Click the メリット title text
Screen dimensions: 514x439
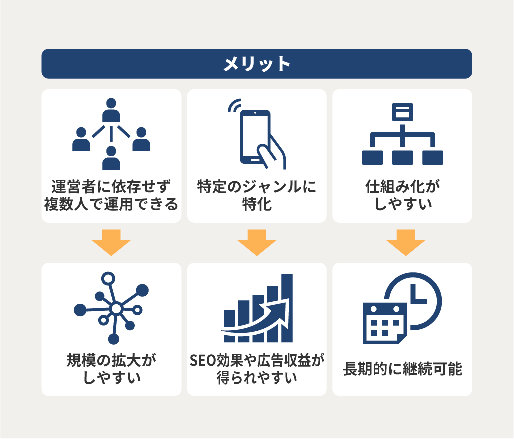coord(257,64)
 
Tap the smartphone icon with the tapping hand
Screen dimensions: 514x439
coord(257,134)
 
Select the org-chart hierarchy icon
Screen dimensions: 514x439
coord(402,134)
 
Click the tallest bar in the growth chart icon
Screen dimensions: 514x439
coord(287,308)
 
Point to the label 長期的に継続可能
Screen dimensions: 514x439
coord(403,369)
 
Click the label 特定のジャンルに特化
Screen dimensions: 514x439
coord(257,195)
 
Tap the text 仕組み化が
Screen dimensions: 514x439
coord(403,187)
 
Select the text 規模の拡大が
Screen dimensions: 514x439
coord(111,360)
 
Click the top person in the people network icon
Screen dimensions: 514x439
coord(111,110)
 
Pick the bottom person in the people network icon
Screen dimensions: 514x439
coord(111,158)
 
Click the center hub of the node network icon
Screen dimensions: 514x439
coord(116,309)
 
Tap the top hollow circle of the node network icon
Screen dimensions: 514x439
coord(108,279)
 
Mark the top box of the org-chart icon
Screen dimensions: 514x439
coord(402,112)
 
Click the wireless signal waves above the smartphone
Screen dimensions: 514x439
coord(234,105)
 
